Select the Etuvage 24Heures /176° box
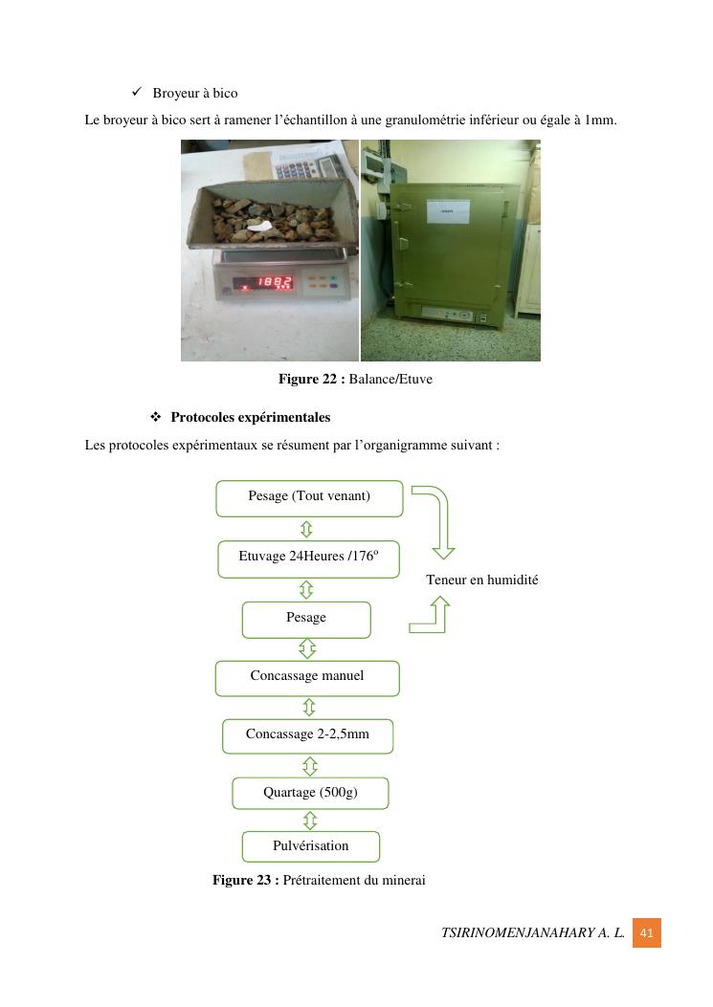pos(308,558)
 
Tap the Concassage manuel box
pos(307,678)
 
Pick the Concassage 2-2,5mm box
pos(307,736)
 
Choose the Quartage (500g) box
pos(310,794)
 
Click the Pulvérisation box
pos(311,847)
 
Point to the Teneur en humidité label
pos(481,580)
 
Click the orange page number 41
pos(646,933)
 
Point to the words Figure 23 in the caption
pos(245,881)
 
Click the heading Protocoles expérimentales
pos(250,418)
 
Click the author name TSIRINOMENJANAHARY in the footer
pos(518,933)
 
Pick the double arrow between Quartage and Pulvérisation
pos(310,821)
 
